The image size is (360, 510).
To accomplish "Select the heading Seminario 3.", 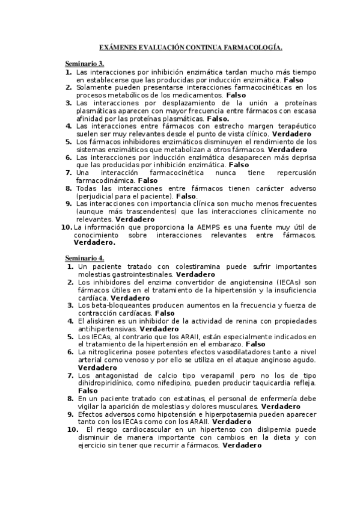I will pos(85,63).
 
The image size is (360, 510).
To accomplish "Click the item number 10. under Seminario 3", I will pos(66,227).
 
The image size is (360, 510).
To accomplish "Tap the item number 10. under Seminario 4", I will pos(72,430).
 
